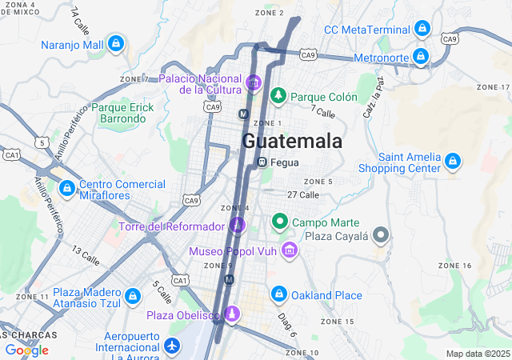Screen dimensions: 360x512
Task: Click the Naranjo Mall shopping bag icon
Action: [117, 43]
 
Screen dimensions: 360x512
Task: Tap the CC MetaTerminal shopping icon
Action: [422, 30]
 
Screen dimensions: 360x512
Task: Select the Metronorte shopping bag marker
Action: [419, 57]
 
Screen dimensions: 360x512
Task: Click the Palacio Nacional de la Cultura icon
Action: [254, 82]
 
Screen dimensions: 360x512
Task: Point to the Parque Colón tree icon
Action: [278, 96]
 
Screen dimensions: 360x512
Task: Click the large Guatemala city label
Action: [292, 142]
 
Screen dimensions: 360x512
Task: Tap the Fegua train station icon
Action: [262, 162]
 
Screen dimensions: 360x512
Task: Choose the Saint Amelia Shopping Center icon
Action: [452, 162]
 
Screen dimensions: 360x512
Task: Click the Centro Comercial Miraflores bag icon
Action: [66, 190]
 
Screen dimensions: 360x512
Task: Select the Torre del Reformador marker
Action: [237, 226]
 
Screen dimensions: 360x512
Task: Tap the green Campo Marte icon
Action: [280, 222]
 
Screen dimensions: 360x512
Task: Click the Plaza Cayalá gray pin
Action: [382, 236]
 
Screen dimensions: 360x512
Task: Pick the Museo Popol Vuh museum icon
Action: [290, 251]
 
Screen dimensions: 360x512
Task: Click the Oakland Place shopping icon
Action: [278, 295]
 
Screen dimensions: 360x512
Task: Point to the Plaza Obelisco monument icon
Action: [232, 314]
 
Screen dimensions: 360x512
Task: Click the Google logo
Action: [26, 350]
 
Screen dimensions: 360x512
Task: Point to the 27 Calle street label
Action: [303, 194]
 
